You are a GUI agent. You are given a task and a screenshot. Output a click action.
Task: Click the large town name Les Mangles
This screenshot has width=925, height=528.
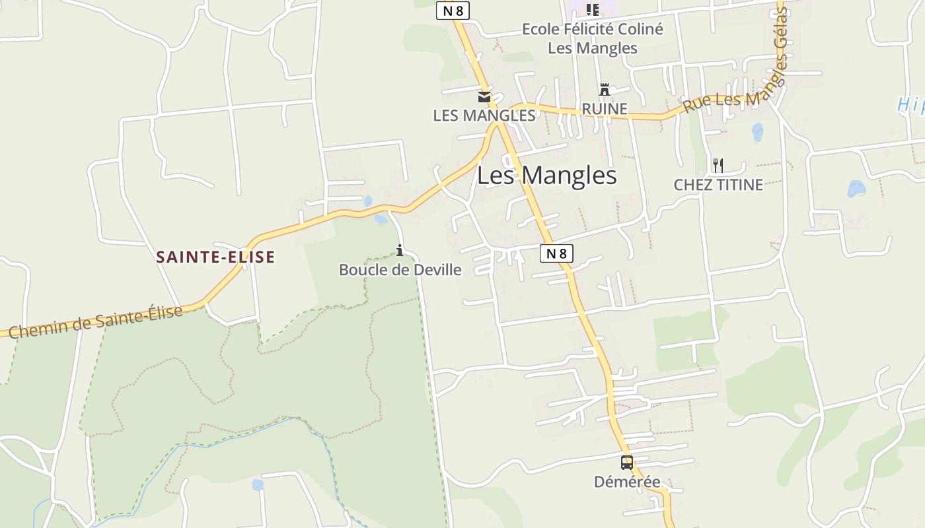[x=546, y=176]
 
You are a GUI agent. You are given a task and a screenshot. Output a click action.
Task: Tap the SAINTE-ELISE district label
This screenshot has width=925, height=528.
[x=215, y=257]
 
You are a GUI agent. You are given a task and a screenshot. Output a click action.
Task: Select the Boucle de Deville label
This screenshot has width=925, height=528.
[x=400, y=269]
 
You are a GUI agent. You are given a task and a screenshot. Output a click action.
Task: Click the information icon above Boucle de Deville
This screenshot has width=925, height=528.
[x=400, y=250]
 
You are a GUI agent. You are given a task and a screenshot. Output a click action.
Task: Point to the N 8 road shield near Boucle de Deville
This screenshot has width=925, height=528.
[x=556, y=253]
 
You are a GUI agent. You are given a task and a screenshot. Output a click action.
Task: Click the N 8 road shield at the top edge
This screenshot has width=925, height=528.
[x=453, y=10]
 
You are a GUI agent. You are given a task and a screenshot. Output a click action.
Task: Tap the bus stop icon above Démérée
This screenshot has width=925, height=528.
[x=626, y=463]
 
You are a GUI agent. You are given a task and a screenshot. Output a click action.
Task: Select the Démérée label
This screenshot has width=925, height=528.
[x=626, y=482]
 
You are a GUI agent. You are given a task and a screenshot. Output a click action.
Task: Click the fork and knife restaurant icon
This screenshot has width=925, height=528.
[x=718, y=165]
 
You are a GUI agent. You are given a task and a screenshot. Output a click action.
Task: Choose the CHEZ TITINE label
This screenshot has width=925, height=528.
[x=718, y=184]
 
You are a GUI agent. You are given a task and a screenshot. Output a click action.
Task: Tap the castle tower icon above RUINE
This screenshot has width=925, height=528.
[x=604, y=90]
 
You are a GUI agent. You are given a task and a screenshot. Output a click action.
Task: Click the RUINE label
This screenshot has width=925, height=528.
[x=604, y=109]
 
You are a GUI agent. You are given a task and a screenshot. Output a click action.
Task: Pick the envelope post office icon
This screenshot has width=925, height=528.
[x=484, y=97]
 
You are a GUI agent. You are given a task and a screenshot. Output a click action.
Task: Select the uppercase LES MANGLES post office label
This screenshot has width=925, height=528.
[x=484, y=115]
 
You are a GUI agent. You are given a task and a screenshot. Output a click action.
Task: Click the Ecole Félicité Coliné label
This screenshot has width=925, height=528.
[x=592, y=29]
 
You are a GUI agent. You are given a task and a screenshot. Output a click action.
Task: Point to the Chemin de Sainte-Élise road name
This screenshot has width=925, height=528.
[x=96, y=323]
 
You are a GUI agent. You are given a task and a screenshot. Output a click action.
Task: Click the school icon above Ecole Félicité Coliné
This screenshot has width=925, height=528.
[x=593, y=9]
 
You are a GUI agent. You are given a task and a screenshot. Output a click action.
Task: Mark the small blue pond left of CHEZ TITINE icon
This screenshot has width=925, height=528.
[x=757, y=131]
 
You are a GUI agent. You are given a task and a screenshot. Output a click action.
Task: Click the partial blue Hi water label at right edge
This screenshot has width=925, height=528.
[x=912, y=104]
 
